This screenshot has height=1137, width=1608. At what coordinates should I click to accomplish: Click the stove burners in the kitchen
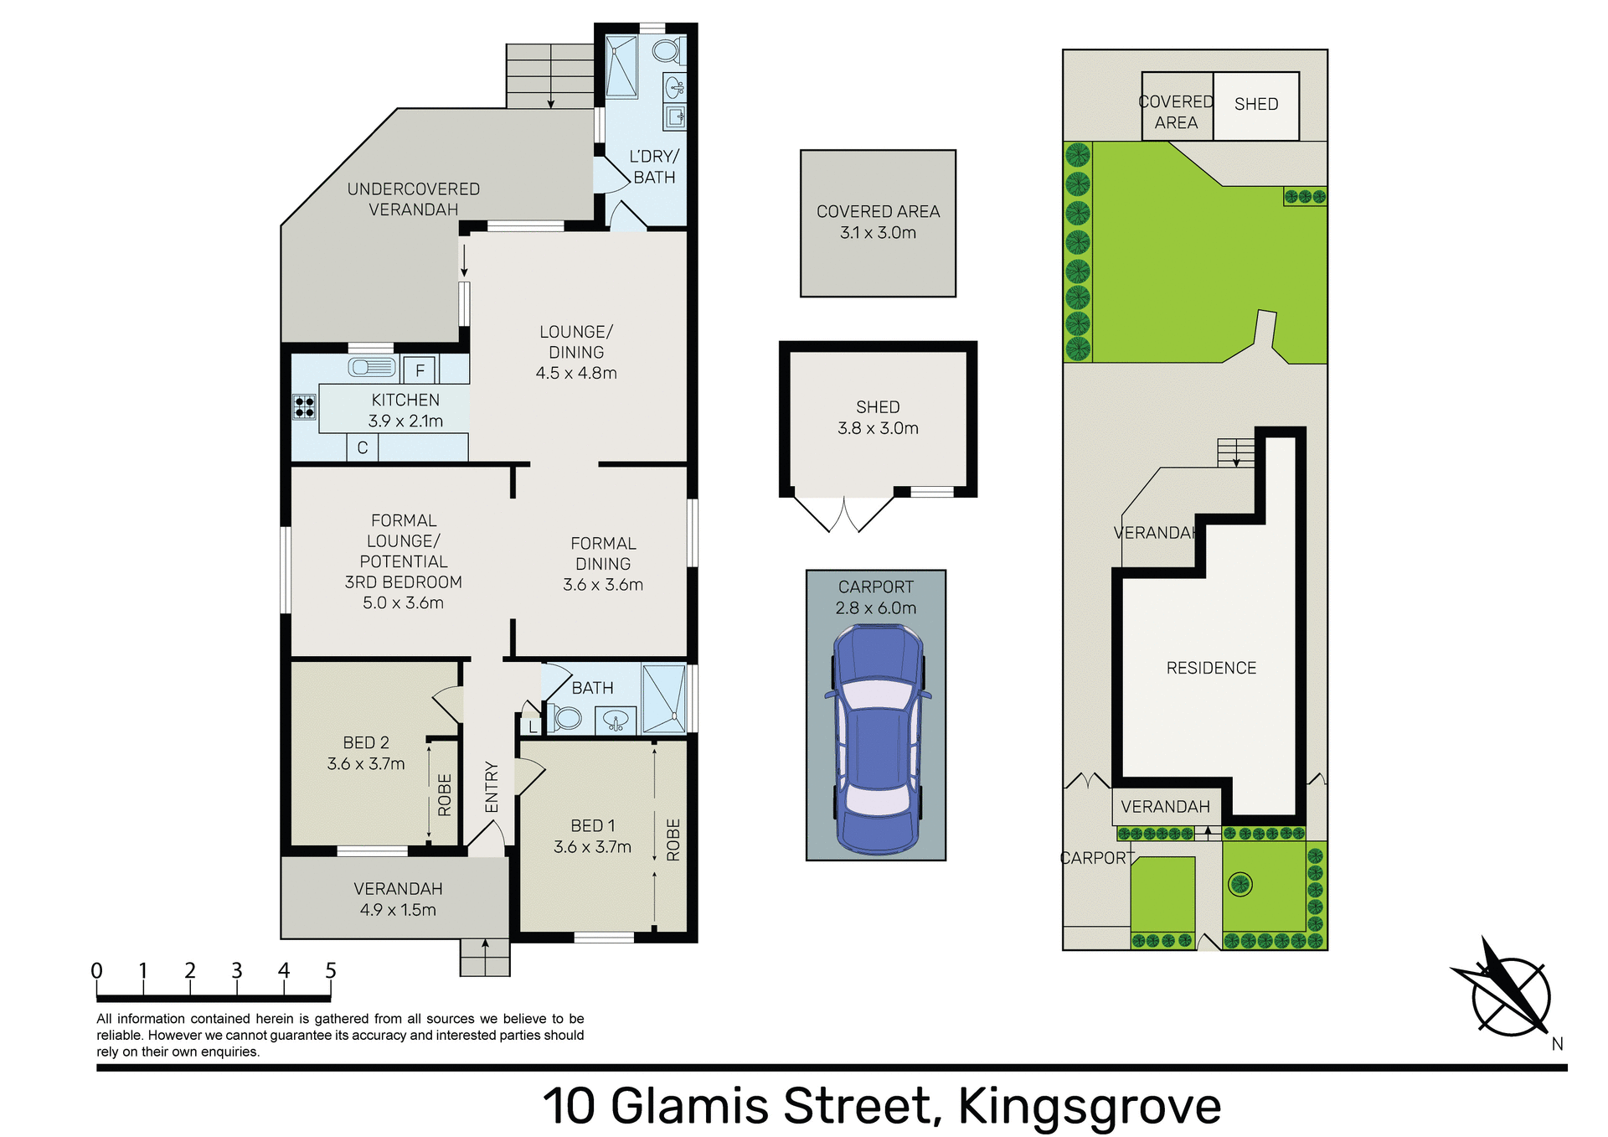pos(304,407)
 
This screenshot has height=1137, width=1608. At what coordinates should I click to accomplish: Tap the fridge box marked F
pos(420,370)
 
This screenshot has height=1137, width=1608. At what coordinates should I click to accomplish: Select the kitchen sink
pos(372,367)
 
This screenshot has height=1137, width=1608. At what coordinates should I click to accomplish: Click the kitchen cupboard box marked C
pos(363,447)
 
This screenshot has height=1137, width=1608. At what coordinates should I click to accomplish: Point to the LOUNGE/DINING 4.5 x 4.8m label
pos(576,353)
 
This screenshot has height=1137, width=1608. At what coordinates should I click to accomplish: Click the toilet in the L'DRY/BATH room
pos(667,50)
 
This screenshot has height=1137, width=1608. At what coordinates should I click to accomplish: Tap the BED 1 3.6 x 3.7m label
pos(592,836)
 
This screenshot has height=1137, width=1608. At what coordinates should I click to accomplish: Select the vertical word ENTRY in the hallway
pos(492,787)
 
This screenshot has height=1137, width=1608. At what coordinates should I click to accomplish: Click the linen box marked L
pos(533,727)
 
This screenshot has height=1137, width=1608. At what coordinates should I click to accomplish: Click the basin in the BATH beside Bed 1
pos(616,719)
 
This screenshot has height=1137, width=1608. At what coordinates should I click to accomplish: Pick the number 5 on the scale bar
pos(331,970)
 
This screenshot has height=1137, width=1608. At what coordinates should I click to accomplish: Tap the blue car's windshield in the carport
pos(877,695)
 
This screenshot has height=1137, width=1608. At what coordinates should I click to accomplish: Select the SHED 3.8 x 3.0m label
pos(878,417)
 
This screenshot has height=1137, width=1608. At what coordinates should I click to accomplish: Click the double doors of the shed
pos(844,514)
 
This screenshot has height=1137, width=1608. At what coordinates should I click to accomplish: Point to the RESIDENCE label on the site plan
pos(1211,668)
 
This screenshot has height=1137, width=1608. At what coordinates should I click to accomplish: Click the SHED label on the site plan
pos(1255,104)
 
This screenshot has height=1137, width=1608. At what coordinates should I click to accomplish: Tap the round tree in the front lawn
pos(1239,884)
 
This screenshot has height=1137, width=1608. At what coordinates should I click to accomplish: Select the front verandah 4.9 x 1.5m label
pos(398,899)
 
